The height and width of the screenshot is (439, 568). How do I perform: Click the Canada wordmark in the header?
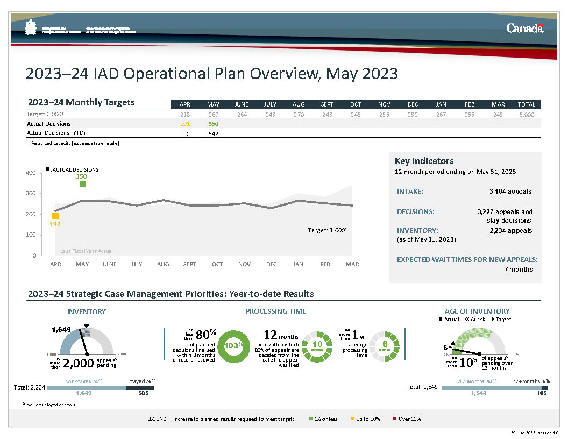click(525, 29)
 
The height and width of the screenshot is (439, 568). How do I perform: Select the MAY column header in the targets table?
click(212, 104)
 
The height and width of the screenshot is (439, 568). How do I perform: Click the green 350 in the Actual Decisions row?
click(212, 124)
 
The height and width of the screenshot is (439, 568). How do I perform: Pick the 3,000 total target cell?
click(527, 114)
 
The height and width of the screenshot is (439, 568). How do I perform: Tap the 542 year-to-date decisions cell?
click(212, 133)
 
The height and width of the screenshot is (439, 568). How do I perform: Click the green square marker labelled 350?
click(82, 184)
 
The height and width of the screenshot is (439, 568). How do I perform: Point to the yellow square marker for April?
click(55, 216)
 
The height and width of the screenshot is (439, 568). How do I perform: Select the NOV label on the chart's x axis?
click(244, 264)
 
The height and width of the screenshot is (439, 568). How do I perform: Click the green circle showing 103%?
click(233, 346)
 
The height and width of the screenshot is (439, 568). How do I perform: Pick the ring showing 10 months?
click(317, 346)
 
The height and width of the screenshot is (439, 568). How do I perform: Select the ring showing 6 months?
click(385, 346)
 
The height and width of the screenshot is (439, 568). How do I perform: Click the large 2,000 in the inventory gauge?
click(79, 363)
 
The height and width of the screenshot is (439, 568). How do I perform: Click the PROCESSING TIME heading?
click(275, 311)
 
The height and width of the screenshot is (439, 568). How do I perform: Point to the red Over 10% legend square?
click(394, 419)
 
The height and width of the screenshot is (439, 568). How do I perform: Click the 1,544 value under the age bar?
click(477, 393)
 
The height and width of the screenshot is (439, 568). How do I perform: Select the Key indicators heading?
click(424, 161)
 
